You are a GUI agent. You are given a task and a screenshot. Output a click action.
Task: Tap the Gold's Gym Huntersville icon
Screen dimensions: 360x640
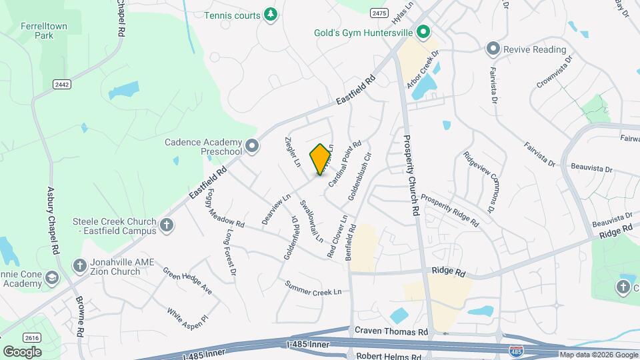pos(423,32)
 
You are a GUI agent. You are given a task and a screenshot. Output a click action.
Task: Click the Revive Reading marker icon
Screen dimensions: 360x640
pos(493,49)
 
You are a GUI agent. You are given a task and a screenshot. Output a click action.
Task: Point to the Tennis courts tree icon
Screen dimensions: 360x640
pos(270,15)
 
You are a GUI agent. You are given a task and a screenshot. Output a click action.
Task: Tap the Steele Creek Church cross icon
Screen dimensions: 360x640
pos(167,226)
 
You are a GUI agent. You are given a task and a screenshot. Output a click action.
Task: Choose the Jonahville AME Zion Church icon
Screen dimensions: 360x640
pos(79,266)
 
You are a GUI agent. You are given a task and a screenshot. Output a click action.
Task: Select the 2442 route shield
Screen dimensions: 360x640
pos(62,83)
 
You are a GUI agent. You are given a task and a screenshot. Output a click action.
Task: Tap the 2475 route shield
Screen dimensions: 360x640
pos(379,13)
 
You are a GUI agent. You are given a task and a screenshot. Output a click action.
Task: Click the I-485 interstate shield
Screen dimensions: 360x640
pos(515,351)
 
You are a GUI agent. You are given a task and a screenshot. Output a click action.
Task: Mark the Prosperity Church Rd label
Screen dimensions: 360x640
pos(411,175)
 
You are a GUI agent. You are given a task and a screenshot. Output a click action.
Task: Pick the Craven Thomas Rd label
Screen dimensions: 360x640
pos(391,331)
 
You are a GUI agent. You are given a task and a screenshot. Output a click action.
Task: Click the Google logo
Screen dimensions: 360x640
pos(22,351)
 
